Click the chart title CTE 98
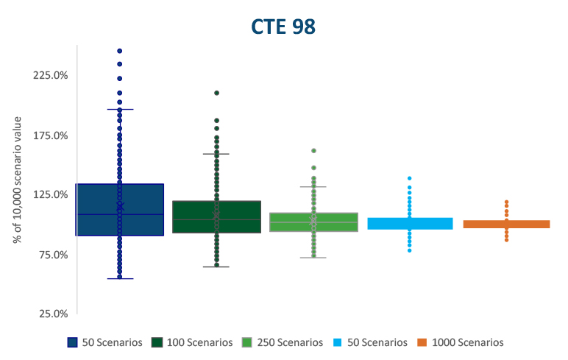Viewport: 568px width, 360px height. coord(283,27)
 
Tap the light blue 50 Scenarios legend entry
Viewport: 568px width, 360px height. coord(372,342)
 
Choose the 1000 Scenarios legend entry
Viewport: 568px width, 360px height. coord(462,342)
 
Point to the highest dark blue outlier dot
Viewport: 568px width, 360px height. coord(120,51)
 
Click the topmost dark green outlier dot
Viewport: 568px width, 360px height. coord(217,93)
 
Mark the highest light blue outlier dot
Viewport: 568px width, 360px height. coord(410,178)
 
